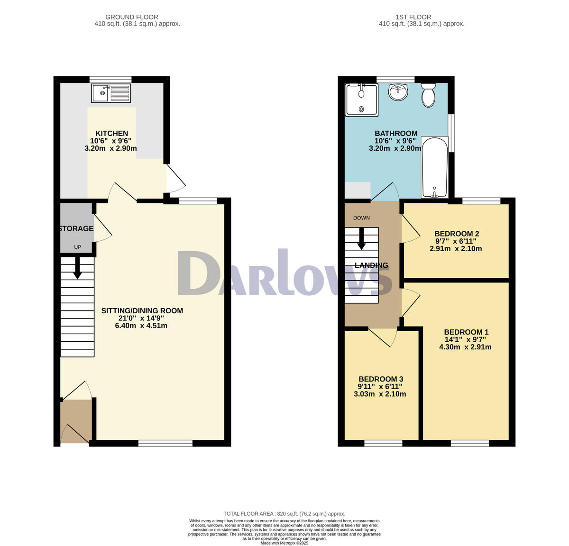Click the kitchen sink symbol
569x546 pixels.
[x=111, y=93]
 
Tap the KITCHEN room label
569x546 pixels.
[x=112, y=133]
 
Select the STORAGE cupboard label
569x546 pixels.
[x=76, y=228]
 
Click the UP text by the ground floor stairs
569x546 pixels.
[x=77, y=247]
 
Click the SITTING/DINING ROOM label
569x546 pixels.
[x=142, y=311]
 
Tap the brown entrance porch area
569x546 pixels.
[x=76, y=421]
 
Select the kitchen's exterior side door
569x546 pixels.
[x=175, y=178]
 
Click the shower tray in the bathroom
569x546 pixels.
[x=361, y=100]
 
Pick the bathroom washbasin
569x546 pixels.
[x=399, y=92]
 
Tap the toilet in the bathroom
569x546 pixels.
[x=428, y=95]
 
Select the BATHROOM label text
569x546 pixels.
[x=396, y=133]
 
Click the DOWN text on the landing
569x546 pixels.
[x=361, y=218]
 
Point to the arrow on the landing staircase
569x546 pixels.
[x=361, y=239]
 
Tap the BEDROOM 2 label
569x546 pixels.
[x=456, y=234]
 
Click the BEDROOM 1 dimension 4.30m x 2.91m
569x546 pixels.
[x=465, y=347]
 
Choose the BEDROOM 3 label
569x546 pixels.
[x=380, y=379]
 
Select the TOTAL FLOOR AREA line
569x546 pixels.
[x=284, y=514]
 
